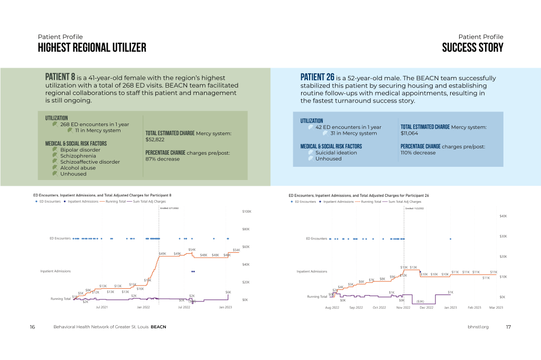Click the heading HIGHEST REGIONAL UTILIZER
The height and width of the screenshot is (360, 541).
pyautogui.click(x=92, y=48)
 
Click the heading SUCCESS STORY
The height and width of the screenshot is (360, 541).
pyautogui.click(x=472, y=48)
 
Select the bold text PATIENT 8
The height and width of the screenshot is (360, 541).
pyautogui.click(x=60, y=78)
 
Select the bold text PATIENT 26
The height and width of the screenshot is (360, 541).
pyautogui.click(x=317, y=78)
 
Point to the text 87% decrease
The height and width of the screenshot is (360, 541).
pyautogui.click(x=162, y=159)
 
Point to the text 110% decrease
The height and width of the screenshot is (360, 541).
pyautogui.click(x=418, y=153)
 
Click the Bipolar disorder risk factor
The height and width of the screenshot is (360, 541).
pyautogui.click(x=80, y=150)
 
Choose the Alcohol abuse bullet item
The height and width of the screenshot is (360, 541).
pyautogui.click(x=78, y=168)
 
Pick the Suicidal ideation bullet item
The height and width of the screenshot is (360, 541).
pyautogui.click(x=336, y=153)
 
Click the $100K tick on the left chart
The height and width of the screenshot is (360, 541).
pyautogui.click(x=246, y=212)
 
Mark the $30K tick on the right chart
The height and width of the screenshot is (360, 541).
pyautogui.click(x=503, y=236)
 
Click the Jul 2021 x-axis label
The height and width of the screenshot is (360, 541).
pyautogui.click(x=101, y=307)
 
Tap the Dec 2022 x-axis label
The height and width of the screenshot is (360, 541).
pyautogui.click(x=426, y=307)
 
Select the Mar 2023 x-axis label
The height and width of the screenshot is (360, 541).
pyautogui.click(x=496, y=307)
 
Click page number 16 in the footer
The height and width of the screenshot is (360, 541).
pyautogui.click(x=32, y=327)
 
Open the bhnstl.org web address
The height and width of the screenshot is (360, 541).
pyautogui.click(x=478, y=327)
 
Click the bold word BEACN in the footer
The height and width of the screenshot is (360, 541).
pyautogui.click(x=158, y=327)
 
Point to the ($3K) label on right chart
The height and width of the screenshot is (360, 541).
pyautogui.click(x=420, y=301)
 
